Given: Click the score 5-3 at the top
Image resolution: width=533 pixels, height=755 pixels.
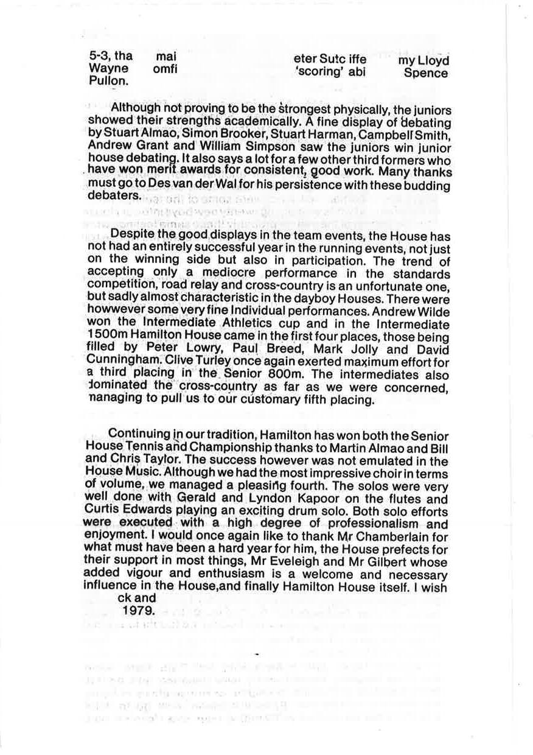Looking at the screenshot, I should tap(99, 58).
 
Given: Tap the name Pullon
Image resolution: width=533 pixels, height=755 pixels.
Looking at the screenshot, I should tap(105, 82).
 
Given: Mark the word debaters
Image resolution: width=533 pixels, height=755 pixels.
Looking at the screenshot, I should tap(114, 197).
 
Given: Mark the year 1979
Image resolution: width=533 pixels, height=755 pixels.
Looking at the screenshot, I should tap(137, 609).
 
